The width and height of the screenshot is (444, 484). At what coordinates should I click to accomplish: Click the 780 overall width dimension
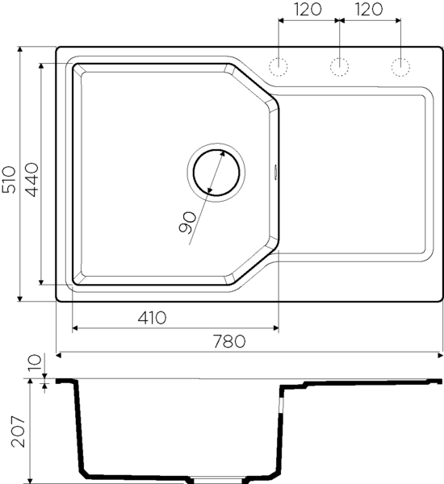tap(229, 341)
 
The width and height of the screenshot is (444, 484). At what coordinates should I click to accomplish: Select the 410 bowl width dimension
tap(152, 318)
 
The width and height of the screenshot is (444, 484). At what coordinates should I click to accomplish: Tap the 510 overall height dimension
tap(9, 180)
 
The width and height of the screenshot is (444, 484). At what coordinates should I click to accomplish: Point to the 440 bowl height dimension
tap(32, 180)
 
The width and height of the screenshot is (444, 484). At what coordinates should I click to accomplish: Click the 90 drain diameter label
tap(187, 223)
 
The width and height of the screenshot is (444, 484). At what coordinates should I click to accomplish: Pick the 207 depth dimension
tap(18, 432)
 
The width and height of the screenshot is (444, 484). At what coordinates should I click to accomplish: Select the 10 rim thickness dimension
tap(34, 362)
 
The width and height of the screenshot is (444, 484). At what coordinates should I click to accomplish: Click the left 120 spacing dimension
tap(308, 9)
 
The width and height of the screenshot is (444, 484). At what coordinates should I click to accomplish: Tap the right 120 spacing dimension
tap(369, 9)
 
